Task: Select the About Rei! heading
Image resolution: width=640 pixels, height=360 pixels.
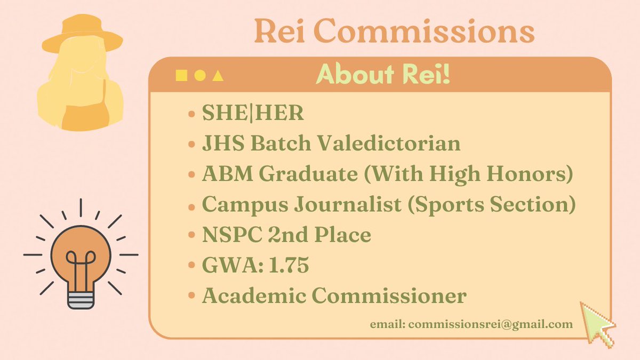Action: click(382, 75)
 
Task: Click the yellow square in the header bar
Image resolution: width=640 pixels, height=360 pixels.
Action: click(182, 76)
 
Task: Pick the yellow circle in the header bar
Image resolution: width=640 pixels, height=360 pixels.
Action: click(199, 76)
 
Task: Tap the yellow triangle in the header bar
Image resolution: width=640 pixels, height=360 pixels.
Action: click(218, 76)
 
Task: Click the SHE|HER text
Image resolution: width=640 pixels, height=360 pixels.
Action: click(253, 114)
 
